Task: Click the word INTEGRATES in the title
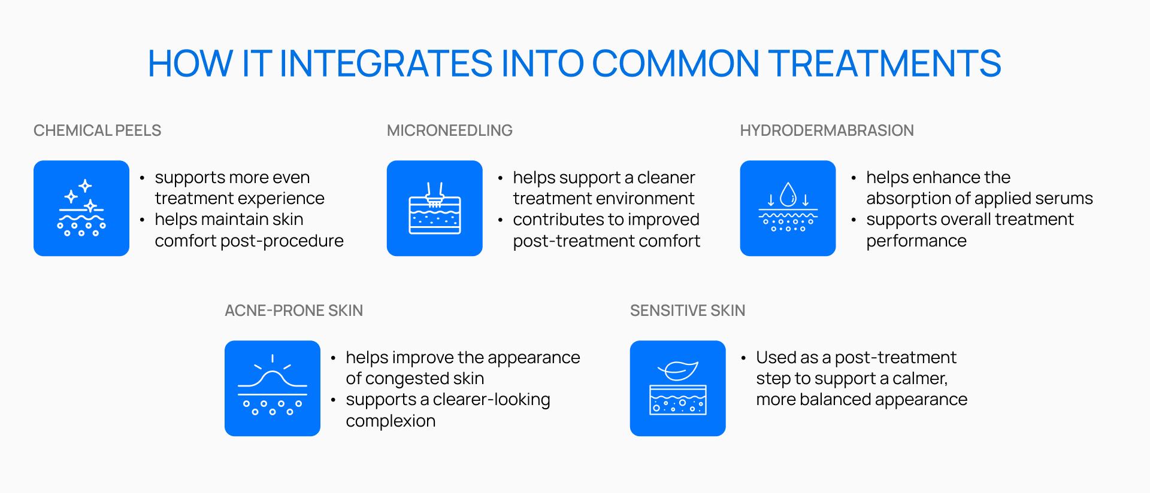tap(386, 63)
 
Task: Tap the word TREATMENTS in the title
tap(884, 63)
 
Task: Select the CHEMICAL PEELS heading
tap(97, 130)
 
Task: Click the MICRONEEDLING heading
tap(450, 130)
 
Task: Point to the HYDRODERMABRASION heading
tap(827, 130)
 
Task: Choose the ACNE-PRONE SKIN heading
tap(293, 311)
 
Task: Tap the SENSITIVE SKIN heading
tap(688, 311)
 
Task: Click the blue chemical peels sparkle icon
tap(81, 208)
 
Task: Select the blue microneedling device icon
tap(435, 208)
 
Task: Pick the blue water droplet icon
tap(788, 208)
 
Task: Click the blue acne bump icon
tap(273, 388)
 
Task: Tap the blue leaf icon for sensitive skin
tap(678, 388)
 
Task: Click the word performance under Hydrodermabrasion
tap(916, 241)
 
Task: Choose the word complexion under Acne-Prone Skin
tap(391, 421)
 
